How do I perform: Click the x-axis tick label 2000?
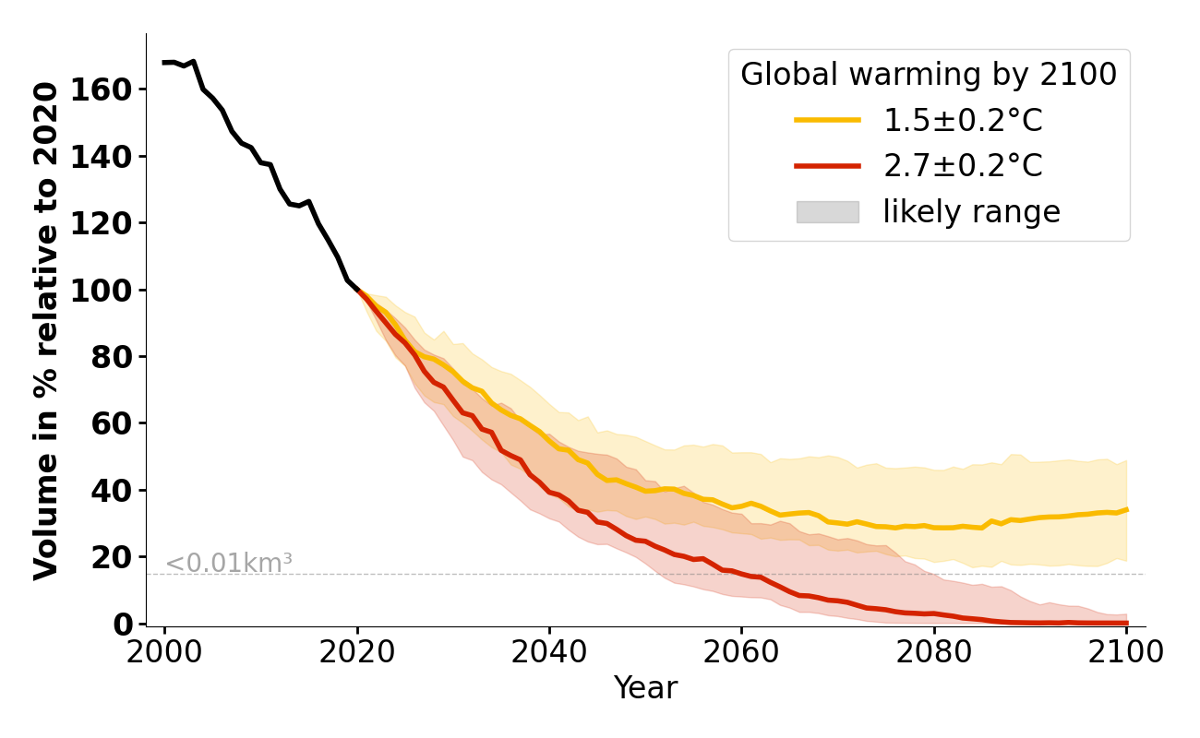tap(164, 651)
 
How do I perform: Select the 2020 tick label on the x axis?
tap(356, 651)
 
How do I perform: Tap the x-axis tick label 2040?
tap(549, 651)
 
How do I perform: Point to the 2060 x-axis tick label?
tap(741, 651)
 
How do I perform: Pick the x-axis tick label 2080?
tap(933, 651)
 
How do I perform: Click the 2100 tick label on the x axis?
tap(1125, 651)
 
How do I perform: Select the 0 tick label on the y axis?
tap(122, 625)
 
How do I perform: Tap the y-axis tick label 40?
tap(112, 491)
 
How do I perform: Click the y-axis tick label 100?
tap(102, 291)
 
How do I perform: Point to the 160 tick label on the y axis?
tap(102, 90)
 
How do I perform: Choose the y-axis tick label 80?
tap(112, 357)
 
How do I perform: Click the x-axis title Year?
tap(645, 688)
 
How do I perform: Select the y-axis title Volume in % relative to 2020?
tap(46, 330)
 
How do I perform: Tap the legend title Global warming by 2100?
tap(929, 75)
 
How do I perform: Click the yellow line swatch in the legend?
tap(827, 120)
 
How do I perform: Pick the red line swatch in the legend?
tap(827, 166)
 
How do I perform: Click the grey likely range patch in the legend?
tap(827, 212)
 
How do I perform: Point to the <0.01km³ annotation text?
tap(228, 563)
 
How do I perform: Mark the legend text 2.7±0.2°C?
tap(963, 166)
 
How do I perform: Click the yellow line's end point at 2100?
tap(1126, 509)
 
